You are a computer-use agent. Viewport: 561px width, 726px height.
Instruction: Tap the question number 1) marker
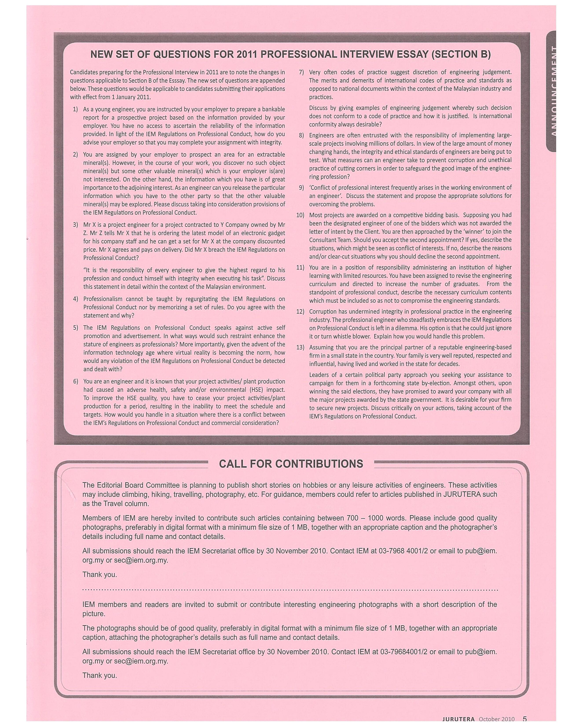(75, 109)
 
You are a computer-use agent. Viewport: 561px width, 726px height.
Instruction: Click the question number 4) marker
(75, 299)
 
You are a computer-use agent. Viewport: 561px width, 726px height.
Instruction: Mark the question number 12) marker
(300, 312)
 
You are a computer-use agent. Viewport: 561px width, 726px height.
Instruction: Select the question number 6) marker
(75, 381)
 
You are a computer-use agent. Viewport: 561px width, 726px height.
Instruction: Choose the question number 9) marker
(301, 187)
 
